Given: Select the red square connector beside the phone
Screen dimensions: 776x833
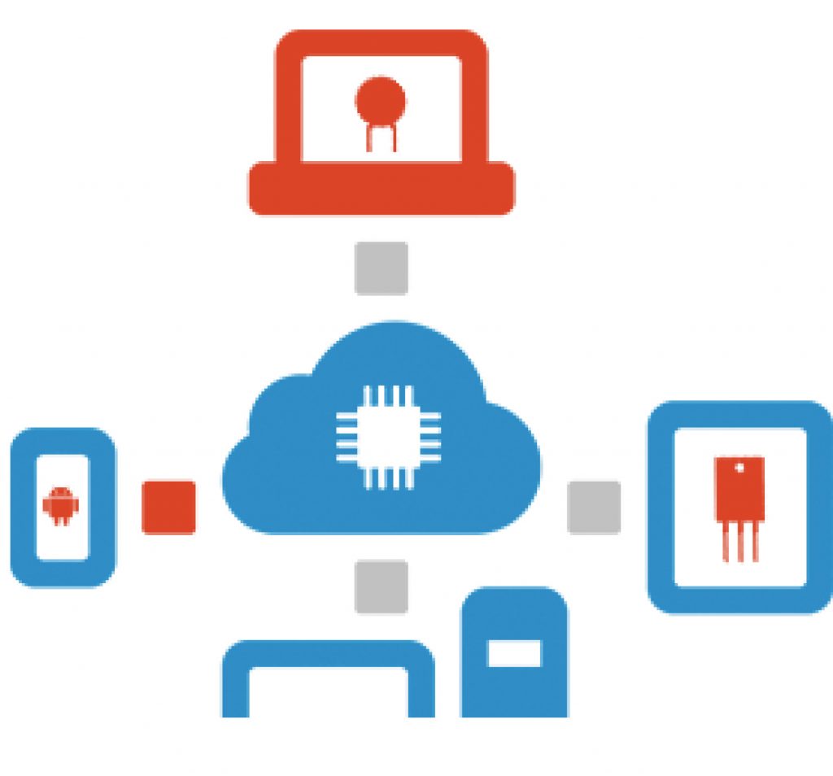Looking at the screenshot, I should [x=168, y=508].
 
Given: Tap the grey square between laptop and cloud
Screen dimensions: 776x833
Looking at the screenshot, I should [x=381, y=268].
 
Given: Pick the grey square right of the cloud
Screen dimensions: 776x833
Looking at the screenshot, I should [x=594, y=508].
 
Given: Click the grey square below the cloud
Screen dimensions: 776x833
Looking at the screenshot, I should [x=381, y=586].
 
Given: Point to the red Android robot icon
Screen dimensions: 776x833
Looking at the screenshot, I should [x=60, y=506].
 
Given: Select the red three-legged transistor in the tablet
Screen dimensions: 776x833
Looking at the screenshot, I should [x=739, y=504].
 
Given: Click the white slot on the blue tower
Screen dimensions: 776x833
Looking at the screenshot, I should [x=514, y=652].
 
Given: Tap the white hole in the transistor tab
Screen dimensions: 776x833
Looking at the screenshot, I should [x=739, y=468].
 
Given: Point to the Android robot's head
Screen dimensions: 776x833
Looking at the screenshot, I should [x=60, y=494].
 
